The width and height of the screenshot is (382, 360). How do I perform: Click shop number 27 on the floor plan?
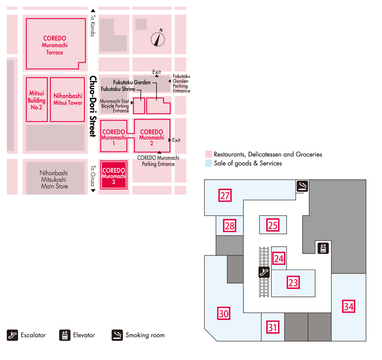pos(225,196)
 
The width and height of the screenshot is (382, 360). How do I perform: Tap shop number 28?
pos(229,226)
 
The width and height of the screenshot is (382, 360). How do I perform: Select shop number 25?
pos(272,225)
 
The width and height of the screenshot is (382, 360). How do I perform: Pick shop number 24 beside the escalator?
pos(279,258)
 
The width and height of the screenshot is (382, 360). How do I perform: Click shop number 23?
pos(293,283)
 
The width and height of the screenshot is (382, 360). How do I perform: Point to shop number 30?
pos(223,314)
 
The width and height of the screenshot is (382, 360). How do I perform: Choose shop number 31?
pos(272,327)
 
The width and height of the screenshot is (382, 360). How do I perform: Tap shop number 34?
pos(348,307)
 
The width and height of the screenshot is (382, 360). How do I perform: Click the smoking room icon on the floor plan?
pos(302,186)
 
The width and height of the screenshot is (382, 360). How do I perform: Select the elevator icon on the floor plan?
pos(323,248)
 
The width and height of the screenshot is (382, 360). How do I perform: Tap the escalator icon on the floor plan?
pos(264,272)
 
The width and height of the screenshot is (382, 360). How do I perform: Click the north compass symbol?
pos(158,38)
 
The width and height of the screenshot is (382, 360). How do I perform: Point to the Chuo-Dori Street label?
pos(92,106)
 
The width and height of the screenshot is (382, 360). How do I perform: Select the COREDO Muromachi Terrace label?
pos(55,45)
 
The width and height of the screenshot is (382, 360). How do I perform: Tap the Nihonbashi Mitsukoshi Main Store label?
pos(54,179)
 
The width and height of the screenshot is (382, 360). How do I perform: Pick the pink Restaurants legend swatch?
pos(209,155)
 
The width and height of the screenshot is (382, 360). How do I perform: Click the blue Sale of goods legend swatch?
pos(209,163)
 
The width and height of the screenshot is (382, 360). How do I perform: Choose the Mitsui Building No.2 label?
pos(37,100)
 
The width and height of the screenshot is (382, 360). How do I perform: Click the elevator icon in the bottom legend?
pos(65,335)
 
